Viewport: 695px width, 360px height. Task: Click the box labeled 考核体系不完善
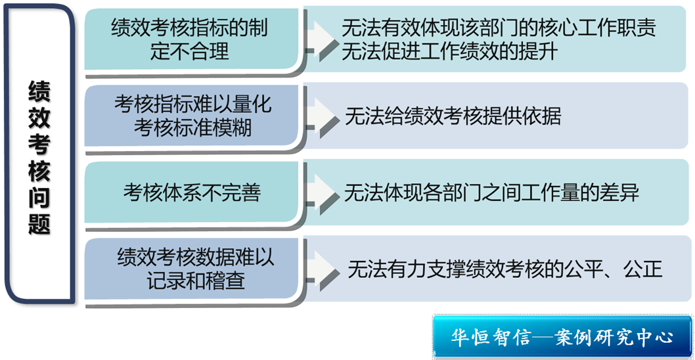(191, 192)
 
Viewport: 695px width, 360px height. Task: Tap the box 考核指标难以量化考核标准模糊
(191, 116)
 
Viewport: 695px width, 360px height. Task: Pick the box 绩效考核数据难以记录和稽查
(191, 269)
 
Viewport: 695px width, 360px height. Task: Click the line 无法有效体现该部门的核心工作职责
(499, 30)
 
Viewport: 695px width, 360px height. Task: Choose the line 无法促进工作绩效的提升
(449, 52)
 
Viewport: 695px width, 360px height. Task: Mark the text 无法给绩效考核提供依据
(453, 116)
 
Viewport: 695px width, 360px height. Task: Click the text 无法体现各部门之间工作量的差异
(491, 193)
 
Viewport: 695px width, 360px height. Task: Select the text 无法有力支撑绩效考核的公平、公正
(505, 269)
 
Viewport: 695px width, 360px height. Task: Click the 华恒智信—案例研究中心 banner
(562, 338)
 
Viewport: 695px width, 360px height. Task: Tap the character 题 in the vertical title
(39, 224)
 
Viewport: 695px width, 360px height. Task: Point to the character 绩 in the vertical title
(39, 91)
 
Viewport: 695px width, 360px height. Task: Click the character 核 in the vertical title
(39, 171)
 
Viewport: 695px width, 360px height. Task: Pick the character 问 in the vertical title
(39, 198)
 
